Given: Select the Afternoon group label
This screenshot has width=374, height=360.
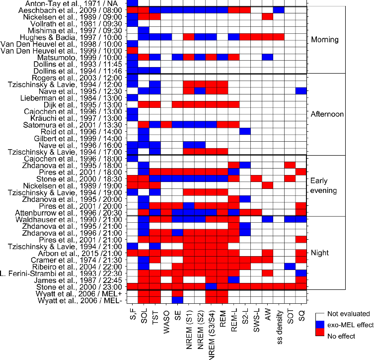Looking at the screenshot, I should tap(326, 114).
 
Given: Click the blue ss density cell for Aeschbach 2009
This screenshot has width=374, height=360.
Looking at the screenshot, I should tap(279, 10).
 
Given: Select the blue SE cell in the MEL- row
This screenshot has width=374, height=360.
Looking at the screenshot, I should tap(177, 300).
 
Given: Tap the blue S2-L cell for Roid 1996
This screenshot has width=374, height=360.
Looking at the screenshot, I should tap(245, 131).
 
